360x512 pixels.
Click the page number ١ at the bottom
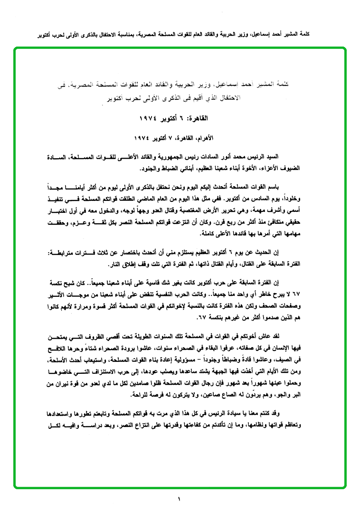[180, 499]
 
